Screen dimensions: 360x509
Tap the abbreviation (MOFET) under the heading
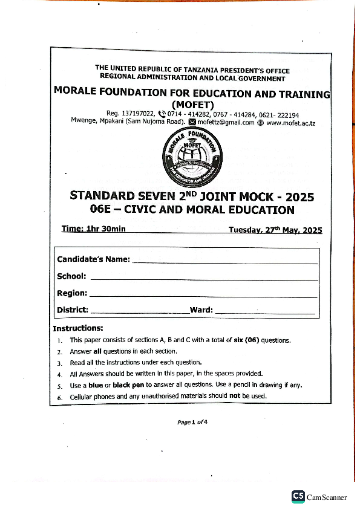coord(192,104)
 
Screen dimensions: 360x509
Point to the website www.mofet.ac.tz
coord(291,123)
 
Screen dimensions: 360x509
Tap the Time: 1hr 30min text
coord(94,229)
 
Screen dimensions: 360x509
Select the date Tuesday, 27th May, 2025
coord(275,230)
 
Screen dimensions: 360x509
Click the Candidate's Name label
coord(93,259)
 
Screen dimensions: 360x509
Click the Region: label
coord(72,293)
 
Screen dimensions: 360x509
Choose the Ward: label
coord(201,310)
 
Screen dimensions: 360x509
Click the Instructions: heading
coord(78,329)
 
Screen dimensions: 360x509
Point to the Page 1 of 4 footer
coord(192,423)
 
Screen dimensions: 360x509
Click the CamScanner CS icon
coord(298,496)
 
